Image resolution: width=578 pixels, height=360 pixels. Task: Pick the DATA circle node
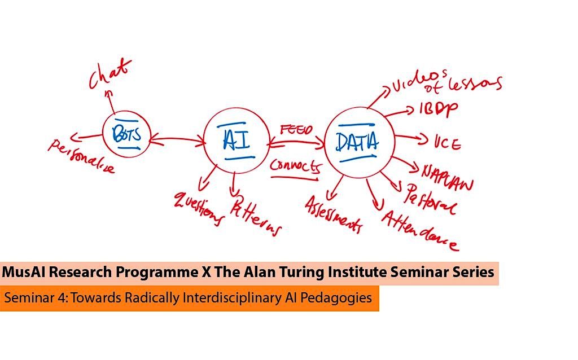pyautogui.click(x=357, y=141)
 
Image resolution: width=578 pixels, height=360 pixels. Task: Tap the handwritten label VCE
pyautogui.click(x=448, y=143)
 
